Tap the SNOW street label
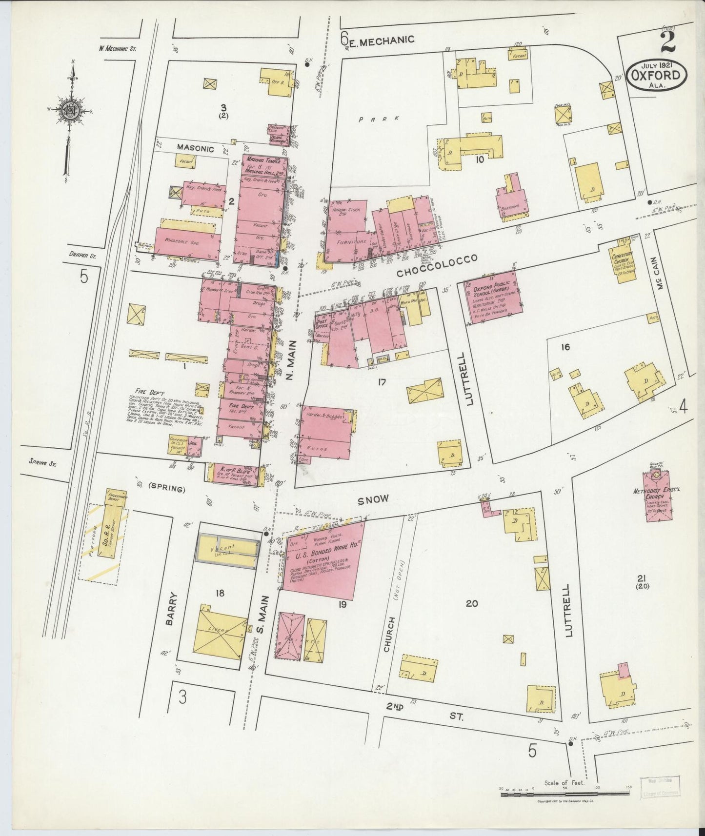point(373,499)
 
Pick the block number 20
point(471,604)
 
